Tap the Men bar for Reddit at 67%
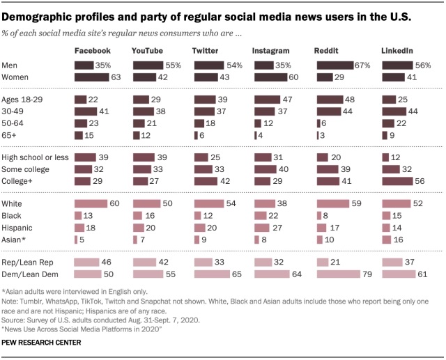click(339, 65)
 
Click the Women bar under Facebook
click(93, 77)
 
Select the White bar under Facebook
click(91, 203)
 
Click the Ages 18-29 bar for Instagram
click(270, 100)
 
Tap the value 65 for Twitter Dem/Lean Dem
click(237, 274)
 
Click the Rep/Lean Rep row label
click(27, 263)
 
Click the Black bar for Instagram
click(261, 215)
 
